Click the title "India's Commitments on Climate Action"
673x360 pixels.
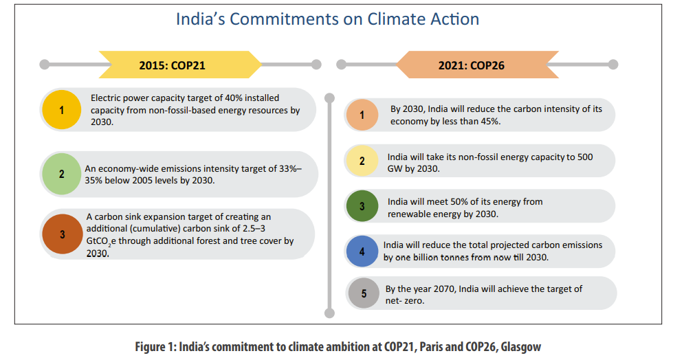[x=327, y=19]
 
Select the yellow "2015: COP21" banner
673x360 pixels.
[x=181, y=65]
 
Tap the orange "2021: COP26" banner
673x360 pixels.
[x=471, y=65]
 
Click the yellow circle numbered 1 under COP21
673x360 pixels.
[x=61, y=110]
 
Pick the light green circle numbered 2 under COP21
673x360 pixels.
[x=61, y=174]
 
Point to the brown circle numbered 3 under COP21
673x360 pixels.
[x=62, y=235]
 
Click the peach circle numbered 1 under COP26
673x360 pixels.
[x=362, y=115]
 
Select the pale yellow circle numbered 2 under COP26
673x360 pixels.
[x=362, y=161]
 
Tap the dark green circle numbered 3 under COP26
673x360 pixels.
[x=362, y=207]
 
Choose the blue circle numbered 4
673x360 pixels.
[x=362, y=252]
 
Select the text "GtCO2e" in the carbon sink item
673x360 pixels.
[x=102, y=242]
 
